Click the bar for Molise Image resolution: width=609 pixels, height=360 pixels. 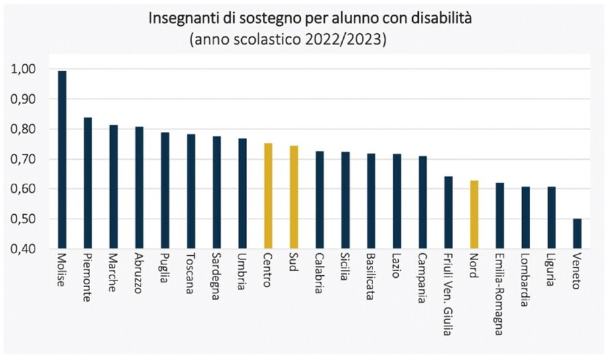coord(62,159)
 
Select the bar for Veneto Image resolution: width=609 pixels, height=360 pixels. coord(577,233)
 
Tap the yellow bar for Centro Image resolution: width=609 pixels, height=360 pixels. coord(268,196)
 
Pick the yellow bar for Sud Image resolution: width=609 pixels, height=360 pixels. coord(294,197)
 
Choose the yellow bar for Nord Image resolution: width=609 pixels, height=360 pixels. coord(474,214)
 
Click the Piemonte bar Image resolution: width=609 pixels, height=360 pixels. coord(87,183)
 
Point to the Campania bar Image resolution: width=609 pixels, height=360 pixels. coord(422,202)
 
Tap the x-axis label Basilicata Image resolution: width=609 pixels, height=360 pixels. coord(370,278)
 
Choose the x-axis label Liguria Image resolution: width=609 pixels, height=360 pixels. coord(551,272)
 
